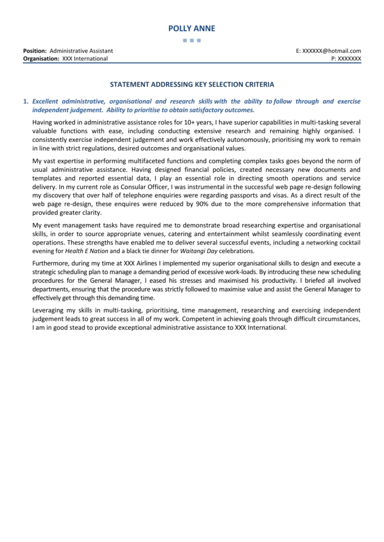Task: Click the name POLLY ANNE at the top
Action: [192, 29]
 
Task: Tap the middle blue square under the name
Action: [192, 40]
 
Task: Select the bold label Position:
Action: [35, 51]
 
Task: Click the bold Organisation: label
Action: [41, 59]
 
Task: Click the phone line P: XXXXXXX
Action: [346, 59]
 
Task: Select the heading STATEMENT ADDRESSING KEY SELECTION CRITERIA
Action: [192, 84]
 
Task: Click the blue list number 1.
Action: [25, 101]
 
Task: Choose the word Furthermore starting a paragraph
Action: [52, 264]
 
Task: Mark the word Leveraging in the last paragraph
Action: [50, 310]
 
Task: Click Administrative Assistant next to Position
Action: [81, 51]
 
